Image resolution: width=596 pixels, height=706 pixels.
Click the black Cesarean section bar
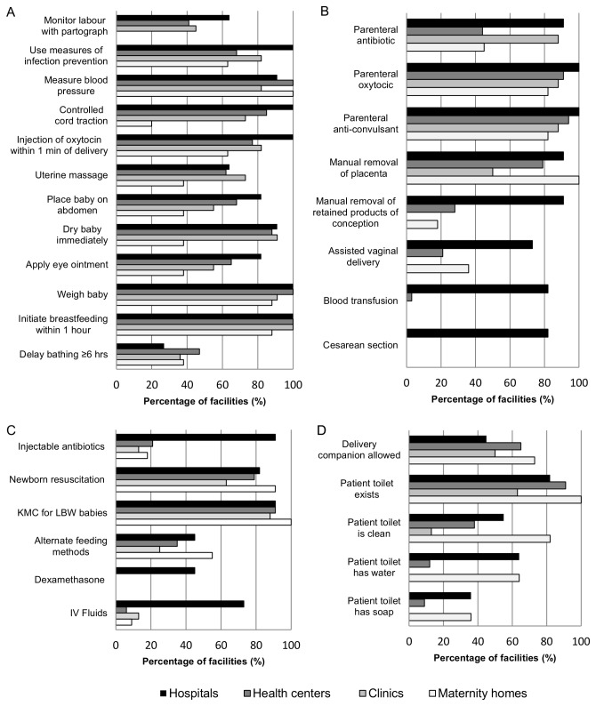point(477,333)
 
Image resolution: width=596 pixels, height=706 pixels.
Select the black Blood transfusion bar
point(477,289)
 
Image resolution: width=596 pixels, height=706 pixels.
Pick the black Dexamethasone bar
point(155,571)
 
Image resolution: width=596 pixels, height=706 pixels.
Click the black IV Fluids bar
point(180,605)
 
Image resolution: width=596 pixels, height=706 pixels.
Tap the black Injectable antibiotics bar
point(196,437)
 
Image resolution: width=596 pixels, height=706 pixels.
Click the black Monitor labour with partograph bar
point(173,18)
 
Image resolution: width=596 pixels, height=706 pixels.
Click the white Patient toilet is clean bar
point(479,539)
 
